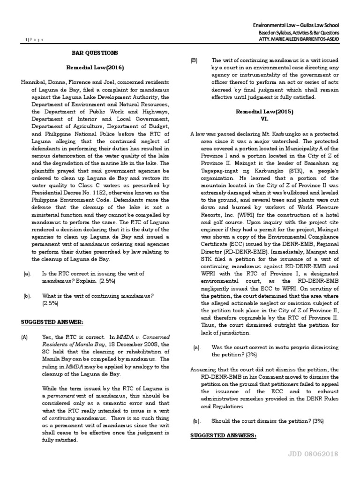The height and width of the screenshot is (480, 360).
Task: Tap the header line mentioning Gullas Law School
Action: (x=296, y=25)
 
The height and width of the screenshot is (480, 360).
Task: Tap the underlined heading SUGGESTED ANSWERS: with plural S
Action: (x=223, y=435)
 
